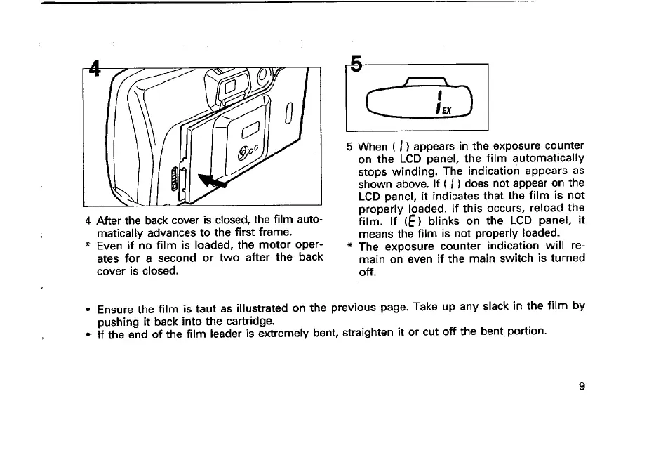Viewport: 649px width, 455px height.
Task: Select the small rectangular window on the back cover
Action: click(x=251, y=130)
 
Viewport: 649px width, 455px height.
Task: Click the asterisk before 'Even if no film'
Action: click(x=87, y=246)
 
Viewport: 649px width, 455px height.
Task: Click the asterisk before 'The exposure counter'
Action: click(x=349, y=247)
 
